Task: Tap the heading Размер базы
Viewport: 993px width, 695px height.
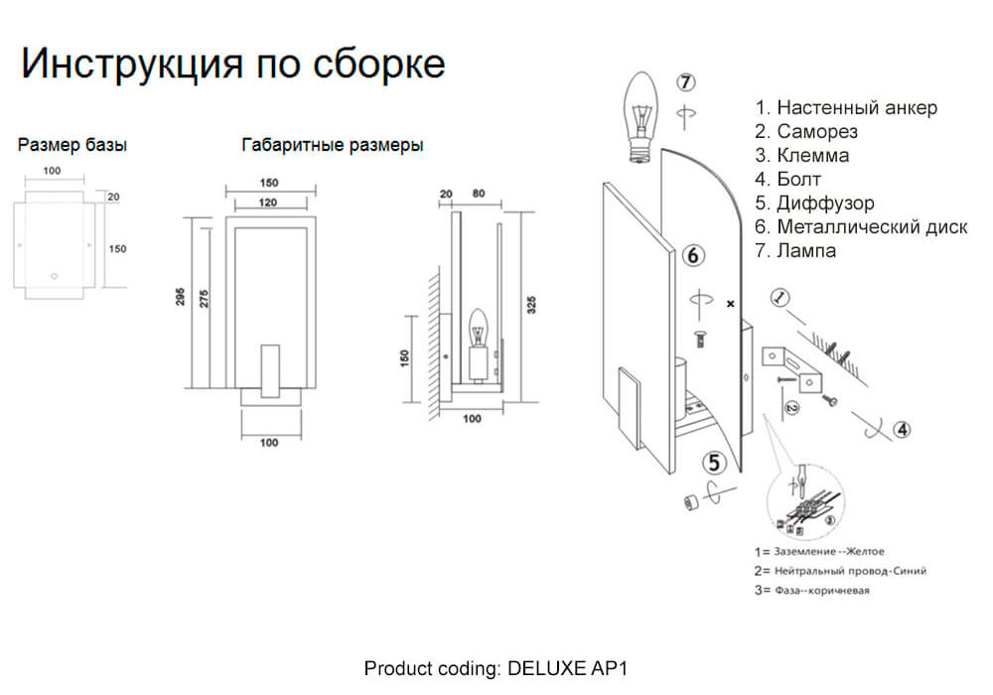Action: click(x=72, y=145)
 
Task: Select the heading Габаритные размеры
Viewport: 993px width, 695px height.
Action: click(x=333, y=145)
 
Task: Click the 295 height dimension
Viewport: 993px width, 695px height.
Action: click(x=181, y=297)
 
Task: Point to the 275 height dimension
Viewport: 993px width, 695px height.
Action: click(x=205, y=297)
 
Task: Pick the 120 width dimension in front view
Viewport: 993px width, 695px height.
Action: click(x=269, y=203)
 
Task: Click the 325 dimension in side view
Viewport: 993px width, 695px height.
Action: click(x=532, y=304)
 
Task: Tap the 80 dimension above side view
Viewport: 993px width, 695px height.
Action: click(x=481, y=195)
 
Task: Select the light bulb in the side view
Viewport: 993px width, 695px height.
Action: click(x=477, y=328)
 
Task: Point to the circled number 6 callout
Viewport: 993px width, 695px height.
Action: click(x=695, y=255)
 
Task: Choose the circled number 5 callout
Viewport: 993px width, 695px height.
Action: click(x=716, y=462)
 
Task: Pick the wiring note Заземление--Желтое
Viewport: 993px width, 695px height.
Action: click(x=819, y=551)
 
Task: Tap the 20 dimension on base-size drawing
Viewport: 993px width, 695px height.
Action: click(x=113, y=197)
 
